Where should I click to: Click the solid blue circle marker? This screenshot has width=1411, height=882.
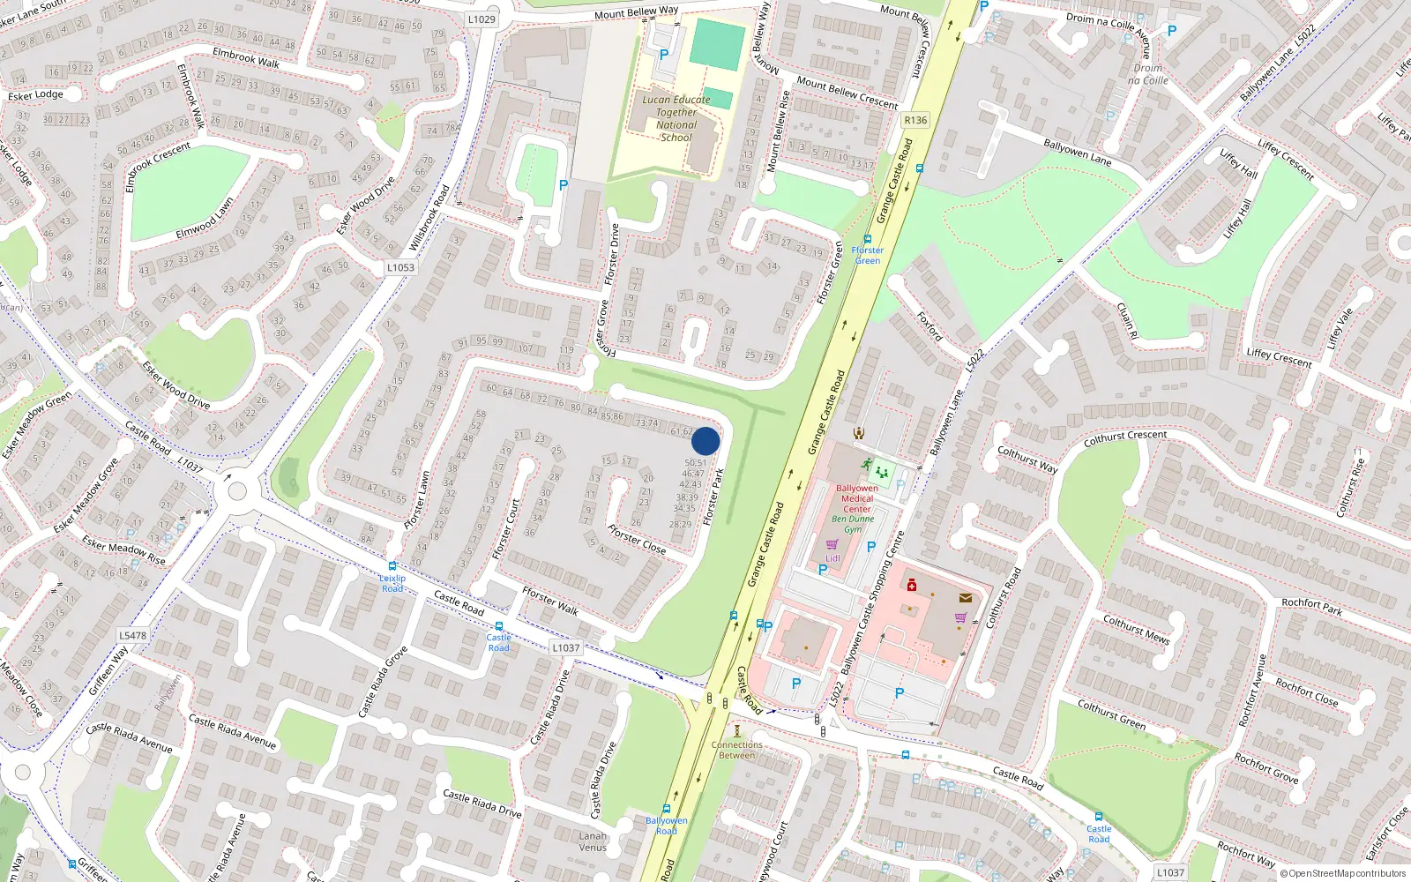pyautogui.click(x=705, y=441)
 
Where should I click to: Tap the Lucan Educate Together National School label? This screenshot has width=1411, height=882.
pyautogui.click(x=676, y=118)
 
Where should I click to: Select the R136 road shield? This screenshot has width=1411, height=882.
pyautogui.click(x=915, y=120)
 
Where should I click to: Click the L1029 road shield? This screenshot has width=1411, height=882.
pyautogui.click(x=482, y=19)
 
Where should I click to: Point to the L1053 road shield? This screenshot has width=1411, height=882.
pyautogui.click(x=400, y=267)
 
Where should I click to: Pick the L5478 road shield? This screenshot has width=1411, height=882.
pyautogui.click(x=133, y=635)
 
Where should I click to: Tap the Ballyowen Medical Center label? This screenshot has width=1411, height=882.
pyautogui.click(x=856, y=498)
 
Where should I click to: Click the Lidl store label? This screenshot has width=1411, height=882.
pyautogui.click(x=832, y=557)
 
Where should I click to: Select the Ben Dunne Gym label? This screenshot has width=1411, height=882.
pyautogui.click(x=853, y=524)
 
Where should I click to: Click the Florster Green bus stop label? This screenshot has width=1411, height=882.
pyautogui.click(x=867, y=255)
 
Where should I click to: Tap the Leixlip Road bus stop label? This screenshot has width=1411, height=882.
pyautogui.click(x=392, y=583)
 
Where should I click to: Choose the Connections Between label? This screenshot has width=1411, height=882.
pyautogui.click(x=737, y=750)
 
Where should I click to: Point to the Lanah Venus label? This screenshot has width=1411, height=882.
pyautogui.click(x=593, y=841)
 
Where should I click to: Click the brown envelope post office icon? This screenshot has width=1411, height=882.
pyautogui.click(x=966, y=598)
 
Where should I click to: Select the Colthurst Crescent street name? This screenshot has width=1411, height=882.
pyautogui.click(x=1124, y=436)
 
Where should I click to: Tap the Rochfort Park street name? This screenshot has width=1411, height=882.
pyautogui.click(x=1311, y=606)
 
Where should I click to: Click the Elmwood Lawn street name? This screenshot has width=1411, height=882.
pyautogui.click(x=205, y=219)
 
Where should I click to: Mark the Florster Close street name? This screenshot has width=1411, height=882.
pyautogui.click(x=637, y=540)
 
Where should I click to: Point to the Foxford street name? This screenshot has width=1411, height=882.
pyautogui.click(x=929, y=326)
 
